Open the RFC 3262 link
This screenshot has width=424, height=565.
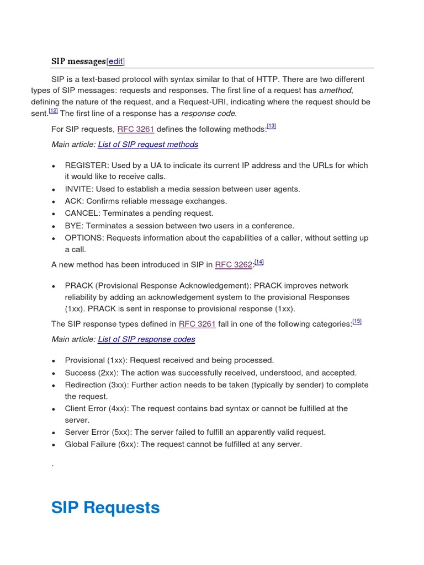pos(233,265)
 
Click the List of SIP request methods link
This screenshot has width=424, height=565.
pos(148,145)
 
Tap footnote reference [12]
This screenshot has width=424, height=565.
pos(53,110)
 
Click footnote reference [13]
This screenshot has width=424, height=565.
pos(271,126)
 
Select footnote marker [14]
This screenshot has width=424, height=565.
pos(259,262)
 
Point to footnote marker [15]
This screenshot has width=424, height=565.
pos(357,321)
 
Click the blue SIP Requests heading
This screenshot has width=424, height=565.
pos(105,508)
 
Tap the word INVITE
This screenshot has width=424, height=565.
pos(77,189)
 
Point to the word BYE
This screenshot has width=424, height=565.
pos(73,226)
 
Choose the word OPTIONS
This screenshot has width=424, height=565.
pos(83,238)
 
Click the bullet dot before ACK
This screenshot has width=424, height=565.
pos(53,202)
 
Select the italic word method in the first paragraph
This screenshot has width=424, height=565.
pos(337,90)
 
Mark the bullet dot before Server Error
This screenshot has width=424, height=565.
pos(53,433)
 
